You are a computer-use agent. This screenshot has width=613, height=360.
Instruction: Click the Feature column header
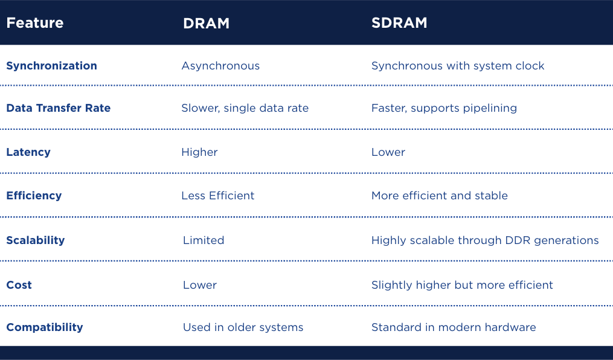click(x=34, y=23)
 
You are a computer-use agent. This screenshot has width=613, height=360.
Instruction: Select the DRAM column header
click(x=206, y=23)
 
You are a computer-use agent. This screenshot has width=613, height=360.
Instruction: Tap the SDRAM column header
click(x=399, y=23)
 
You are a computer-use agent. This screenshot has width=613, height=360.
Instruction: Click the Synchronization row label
click(x=51, y=66)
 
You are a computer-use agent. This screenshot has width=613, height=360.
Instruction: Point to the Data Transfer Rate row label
click(x=58, y=108)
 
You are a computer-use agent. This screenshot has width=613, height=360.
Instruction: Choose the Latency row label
click(x=28, y=152)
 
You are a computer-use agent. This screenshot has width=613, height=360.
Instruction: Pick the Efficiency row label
click(x=34, y=196)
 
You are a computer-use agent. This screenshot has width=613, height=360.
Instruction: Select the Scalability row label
click(x=35, y=240)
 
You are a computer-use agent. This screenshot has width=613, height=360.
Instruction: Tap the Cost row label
click(x=19, y=285)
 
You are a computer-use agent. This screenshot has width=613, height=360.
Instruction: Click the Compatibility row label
click(x=44, y=327)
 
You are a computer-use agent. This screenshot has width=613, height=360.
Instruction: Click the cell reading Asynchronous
click(x=220, y=66)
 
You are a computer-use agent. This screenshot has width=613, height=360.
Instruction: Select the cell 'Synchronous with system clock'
click(x=458, y=66)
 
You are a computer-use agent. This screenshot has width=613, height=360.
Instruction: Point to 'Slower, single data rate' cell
click(x=245, y=108)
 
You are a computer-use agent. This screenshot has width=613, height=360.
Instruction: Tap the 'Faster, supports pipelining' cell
click(x=444, y=108)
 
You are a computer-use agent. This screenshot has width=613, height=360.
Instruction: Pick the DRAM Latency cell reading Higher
click(x=199, y=152)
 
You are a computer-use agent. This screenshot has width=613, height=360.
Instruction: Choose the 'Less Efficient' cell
click(x=217, y=196)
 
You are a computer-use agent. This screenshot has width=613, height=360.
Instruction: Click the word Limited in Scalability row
click(x=204, y=240)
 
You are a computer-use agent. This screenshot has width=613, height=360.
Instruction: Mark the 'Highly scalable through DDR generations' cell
click(x=485, y=240)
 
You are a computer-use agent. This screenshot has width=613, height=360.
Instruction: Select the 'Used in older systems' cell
click(x=243, y=327)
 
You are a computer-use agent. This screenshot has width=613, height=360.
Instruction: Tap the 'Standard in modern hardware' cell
click(x=454, y=327)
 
